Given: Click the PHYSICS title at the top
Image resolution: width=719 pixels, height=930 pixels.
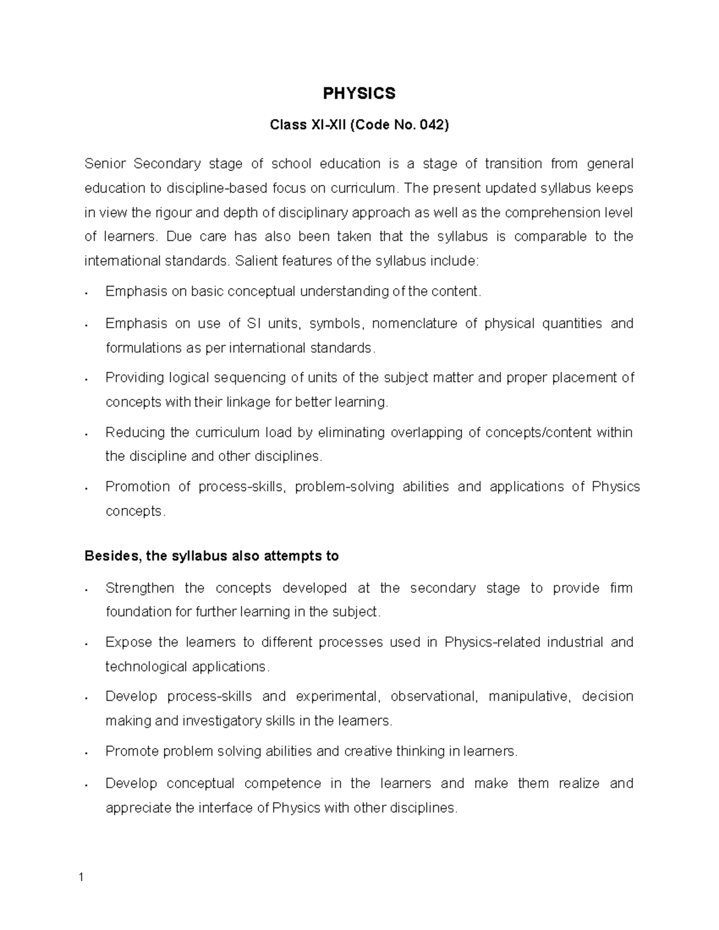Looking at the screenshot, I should point(359,93).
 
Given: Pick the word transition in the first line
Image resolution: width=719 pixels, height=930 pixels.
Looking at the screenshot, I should point(513,163).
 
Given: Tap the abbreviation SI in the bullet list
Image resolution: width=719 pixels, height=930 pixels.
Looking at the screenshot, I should point(252,323).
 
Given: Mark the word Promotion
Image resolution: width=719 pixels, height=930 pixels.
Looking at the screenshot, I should point(137,486).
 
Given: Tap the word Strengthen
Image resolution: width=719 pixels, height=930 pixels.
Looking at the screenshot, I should point(140,588).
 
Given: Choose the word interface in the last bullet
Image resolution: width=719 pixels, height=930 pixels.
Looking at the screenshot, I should point(225,808).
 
